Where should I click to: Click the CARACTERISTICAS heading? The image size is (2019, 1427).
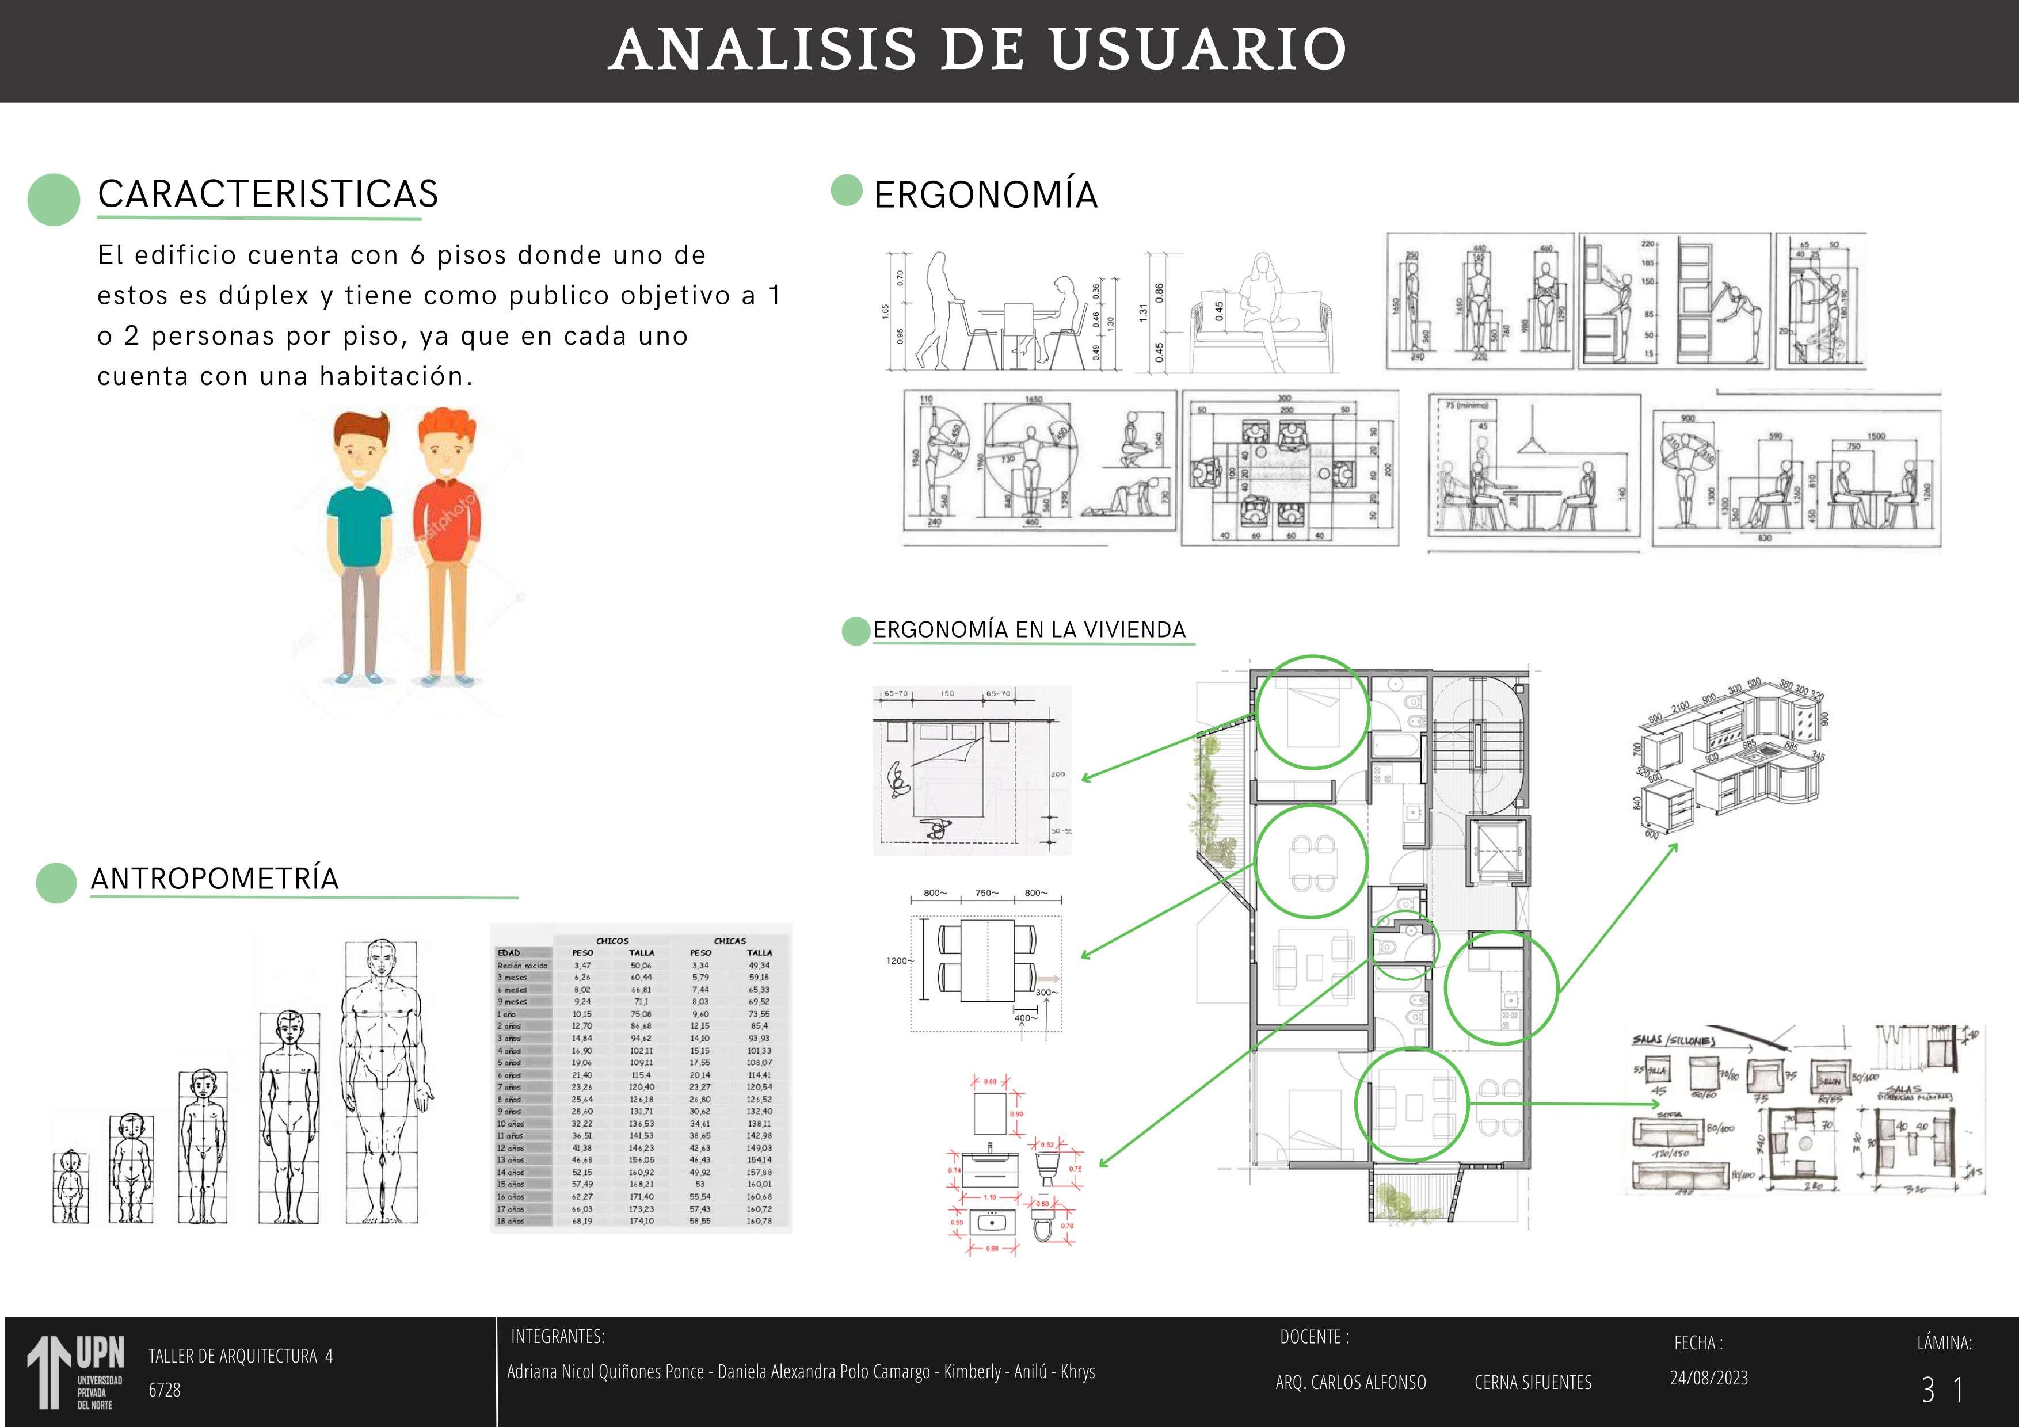pyautogui.click(x=267, y=194)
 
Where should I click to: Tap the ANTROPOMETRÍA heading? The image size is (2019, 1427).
pyautogui.click(x=215, y=879)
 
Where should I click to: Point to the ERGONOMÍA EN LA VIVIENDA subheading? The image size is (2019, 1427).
pyautogui.click(x=1029, y=629)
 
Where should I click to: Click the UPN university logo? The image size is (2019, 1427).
pyautogui.click(x=75, y=1372)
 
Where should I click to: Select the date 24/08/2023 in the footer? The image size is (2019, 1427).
pyautogui.click(x=1709, y=1378)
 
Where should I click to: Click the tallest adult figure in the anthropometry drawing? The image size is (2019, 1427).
pyautogui.click(x=382, y=1081)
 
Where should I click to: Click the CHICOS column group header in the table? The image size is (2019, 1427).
pyautogui.click(x=612, y=941)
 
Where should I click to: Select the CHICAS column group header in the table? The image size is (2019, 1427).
pyautogui.click(x=730, y=941)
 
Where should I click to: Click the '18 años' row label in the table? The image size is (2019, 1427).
pyautogui.click(x=511, y=1221)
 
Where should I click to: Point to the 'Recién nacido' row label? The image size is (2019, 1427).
pyautogui.click(x=523, y=966)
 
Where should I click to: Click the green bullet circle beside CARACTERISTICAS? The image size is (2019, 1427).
pyautogui.click(x=54, y=200)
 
